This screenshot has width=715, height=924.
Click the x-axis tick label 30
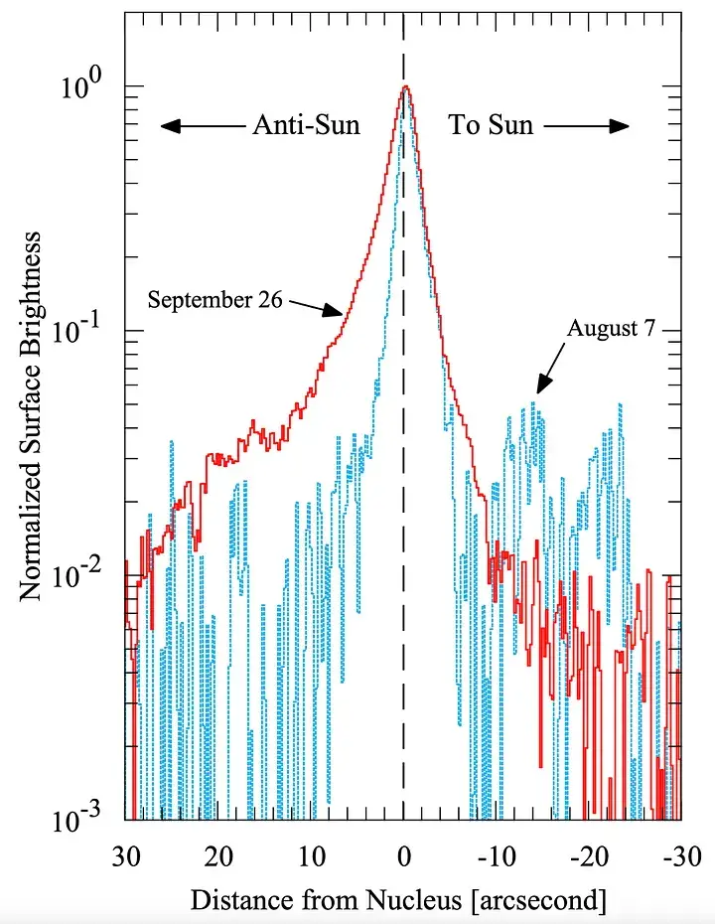point(125,856)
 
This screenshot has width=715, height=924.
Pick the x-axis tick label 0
point(404,856)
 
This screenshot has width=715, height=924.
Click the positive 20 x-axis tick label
point(218,856)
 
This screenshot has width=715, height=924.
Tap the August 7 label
point(612,329)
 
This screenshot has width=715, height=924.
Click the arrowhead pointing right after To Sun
point(620,126)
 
